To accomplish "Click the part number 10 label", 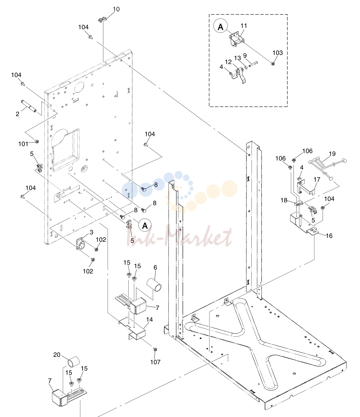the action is click(x=116, y=9).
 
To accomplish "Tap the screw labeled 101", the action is click(x=37, y=141).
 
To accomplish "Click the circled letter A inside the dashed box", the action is click(x=220, y=26).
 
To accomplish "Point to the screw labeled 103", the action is click(x=273, y=63).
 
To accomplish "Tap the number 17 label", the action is click(x=317, y=179).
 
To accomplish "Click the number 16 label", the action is click(x=329, y=236).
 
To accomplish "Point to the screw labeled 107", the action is click(x=155, y=349).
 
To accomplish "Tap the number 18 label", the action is click(x=284, y=200).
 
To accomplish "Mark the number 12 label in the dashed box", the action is click(x=228, y=62).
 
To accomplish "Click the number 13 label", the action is click(x=238, y=58).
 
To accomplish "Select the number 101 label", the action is click(x=23, y=144).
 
